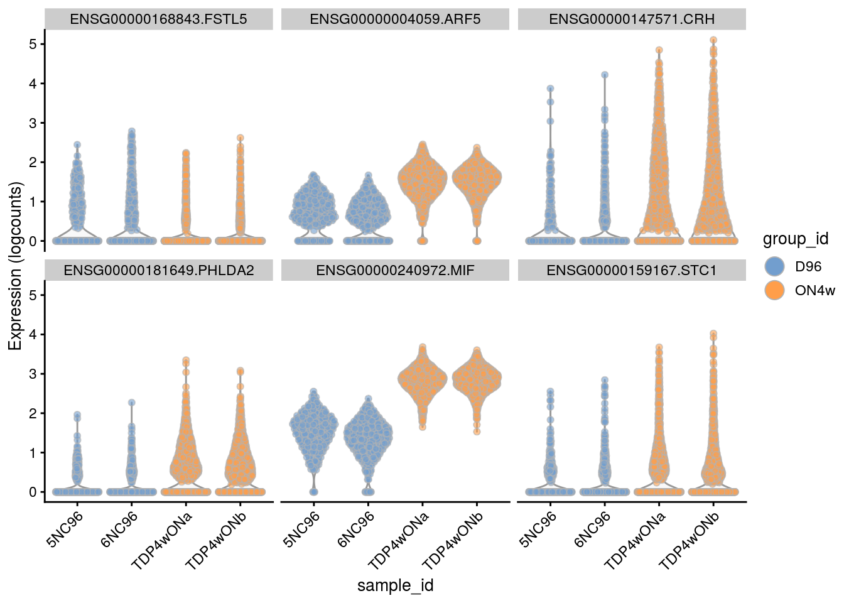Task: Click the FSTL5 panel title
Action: (158, 19)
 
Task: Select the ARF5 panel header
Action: (395, 19)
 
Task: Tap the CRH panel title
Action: (632, 19)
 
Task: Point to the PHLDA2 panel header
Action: (158, 271)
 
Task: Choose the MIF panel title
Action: (395, 271)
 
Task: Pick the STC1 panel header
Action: (632, 271)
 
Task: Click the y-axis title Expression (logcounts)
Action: (15, 266)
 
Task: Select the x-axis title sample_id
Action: (395, 585)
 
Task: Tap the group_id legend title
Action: (795, 239)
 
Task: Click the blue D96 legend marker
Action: (776, 266)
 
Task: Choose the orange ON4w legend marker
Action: (776, 290)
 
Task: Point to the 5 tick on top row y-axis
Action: (33, 44)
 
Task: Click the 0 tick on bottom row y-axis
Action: (33, 492)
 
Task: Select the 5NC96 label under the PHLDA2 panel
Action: (65, 529)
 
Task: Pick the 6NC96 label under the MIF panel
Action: (356, 529)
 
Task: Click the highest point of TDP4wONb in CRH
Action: (713, 40)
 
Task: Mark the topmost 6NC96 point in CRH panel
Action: (605, 75)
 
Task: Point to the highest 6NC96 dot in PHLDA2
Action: (132, 403)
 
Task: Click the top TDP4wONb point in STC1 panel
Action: (713, 334)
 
